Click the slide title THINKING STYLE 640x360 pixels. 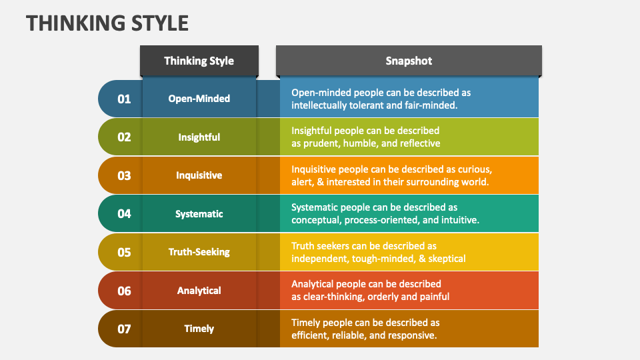[x=107, y=23]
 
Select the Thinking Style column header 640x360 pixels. [x=199, y=61]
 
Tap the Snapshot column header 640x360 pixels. [x=408, y=61]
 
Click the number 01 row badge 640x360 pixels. [x=124, y=99]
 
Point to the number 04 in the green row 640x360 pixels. [x=124, y=214]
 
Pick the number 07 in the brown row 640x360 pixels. [x=124, y=329]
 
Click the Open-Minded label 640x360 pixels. [x=199, y=99]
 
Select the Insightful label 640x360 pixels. [x=199, y=137]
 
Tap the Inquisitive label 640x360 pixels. [x=199, y=175]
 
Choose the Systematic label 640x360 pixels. [x=199, y=214]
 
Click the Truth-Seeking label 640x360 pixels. [x=199, y=252]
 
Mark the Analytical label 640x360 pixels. [x=199, y=291]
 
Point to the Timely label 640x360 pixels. [x=199, y=329]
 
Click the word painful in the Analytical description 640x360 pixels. [x=433, y=297]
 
